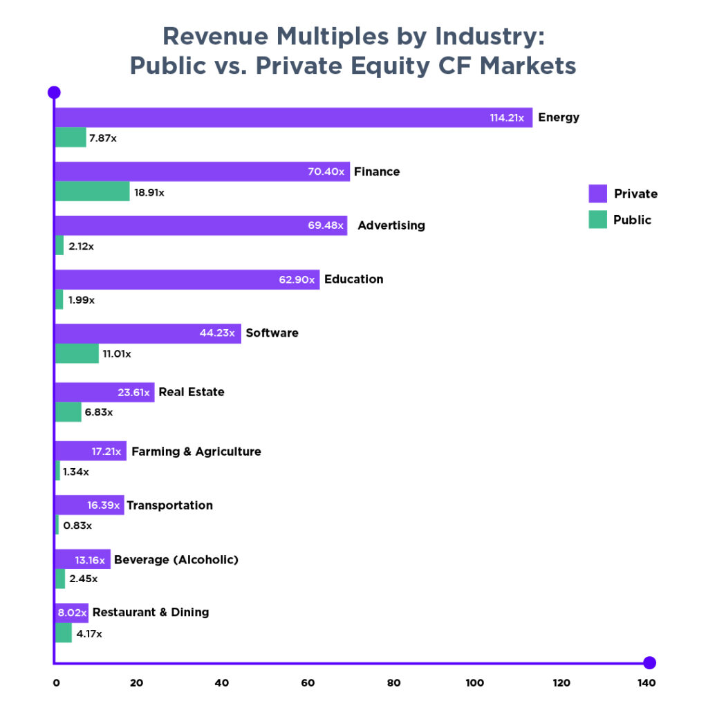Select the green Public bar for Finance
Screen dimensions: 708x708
click(x=92, y=192)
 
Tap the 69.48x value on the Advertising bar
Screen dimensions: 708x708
click(x=325, y=225)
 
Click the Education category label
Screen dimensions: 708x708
click(x=353, y=279)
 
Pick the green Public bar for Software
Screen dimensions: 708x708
click(x=77, y=353)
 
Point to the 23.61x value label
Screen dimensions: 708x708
click(x=133, y=392)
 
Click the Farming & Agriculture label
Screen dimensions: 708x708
click(x=196, y=451)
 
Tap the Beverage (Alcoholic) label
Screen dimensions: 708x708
click(x=176, y=559)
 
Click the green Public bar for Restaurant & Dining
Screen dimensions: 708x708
click(x=63, y=633)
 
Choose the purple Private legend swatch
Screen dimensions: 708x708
click(x=597, y=194)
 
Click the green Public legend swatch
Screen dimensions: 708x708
click(x=597, y=220)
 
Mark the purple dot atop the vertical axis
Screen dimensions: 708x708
click(x=54, y=92)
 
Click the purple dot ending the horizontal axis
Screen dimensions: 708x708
click(x=649, y=662)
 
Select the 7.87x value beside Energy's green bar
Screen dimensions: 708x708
click(x=103, y=138)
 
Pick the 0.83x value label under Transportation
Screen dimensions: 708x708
click(x=77, y=525)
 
